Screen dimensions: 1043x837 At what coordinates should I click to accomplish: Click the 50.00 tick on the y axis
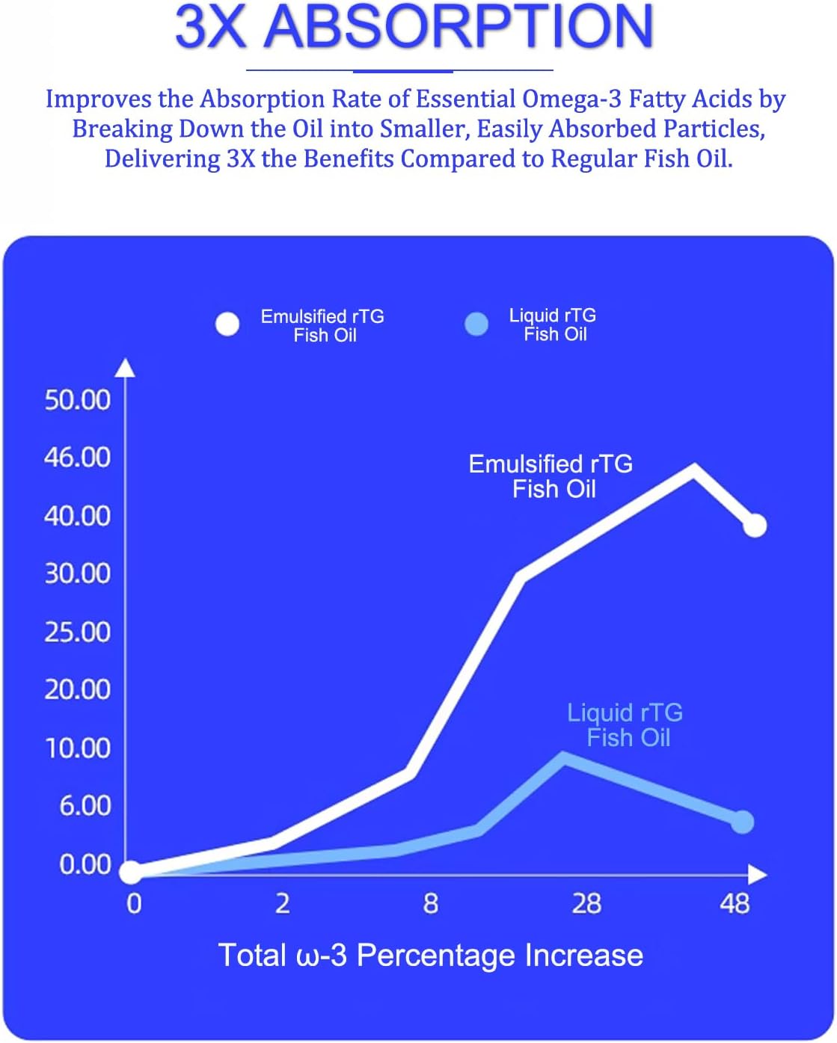[x=77, y=400]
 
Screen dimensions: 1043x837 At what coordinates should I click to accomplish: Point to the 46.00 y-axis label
[x=77, y=457]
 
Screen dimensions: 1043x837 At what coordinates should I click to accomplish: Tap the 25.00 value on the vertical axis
[x=77, y=633]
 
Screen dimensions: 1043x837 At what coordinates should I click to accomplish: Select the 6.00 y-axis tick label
[x=85, y=806]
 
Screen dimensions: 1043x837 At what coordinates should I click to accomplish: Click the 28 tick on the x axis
[x=586, y=904]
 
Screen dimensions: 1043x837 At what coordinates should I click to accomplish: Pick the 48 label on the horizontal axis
[x=735, y=904]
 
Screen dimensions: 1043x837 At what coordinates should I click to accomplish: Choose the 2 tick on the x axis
[x=282, y=904]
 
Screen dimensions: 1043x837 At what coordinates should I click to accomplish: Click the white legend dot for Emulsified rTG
[x=227, y=324]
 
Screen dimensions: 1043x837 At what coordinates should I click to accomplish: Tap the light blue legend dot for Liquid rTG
[x=476, y=324]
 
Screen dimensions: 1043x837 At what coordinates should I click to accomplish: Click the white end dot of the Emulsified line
[x=755, y=526]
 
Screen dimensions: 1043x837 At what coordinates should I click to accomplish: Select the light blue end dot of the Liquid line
[x=742, y=822]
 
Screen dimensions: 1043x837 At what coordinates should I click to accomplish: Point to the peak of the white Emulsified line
[x=693, y=469]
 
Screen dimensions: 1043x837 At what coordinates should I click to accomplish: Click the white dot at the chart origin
[x=130, y=872]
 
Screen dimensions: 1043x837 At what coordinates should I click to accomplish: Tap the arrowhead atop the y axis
[x=126, y=367]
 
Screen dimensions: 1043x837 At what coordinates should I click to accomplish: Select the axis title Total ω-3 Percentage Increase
[x=430, y=956]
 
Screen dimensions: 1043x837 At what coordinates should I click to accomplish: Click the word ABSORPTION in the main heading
[x=459, y=27]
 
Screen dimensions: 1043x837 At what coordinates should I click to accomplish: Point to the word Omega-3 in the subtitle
[x=572, y=99]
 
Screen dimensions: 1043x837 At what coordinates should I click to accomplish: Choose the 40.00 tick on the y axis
[x=77, y=516]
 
